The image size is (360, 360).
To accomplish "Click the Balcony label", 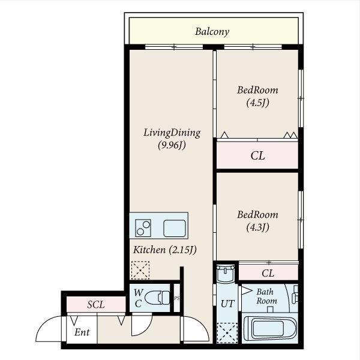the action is tap(212, 32).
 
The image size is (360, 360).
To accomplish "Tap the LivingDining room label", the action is tap(172, 133).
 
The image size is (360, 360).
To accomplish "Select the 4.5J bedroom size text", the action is tap(257, 103).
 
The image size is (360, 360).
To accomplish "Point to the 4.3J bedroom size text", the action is tap(257, 227).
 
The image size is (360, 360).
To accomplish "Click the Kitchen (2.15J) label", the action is tap(165, 250).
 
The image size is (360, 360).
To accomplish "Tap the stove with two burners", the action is tap(143, 228).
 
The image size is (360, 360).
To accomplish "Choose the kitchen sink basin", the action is tap(175, 228).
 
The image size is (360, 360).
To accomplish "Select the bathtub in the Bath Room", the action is tap(270, 328).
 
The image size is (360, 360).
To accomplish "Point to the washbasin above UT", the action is tap(226, 273).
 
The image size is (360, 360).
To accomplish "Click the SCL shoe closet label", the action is tap(96, 305).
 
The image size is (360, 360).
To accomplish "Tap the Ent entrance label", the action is tap(82, 332).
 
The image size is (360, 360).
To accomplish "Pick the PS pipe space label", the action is tap(177, 298).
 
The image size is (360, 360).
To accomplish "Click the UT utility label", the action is tap(227, 304).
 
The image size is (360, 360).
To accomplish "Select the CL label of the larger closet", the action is tap(257, 155).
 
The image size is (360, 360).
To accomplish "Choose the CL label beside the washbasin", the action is tap(268, 273).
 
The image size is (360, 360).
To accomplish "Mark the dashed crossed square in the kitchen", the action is tap(140, 270).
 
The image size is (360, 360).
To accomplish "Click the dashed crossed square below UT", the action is tap(227, 333).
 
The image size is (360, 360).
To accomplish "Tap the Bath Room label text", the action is tap(266, 296).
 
